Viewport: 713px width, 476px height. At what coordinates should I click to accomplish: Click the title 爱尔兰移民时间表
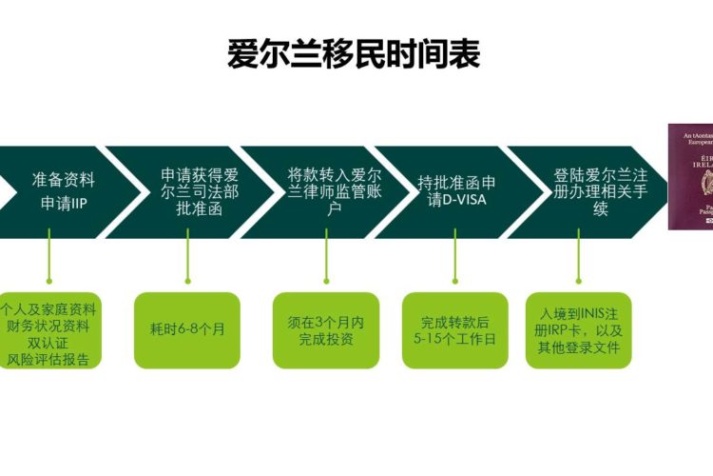tap(354, 54)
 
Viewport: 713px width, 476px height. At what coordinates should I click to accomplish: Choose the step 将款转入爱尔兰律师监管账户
tap(326, 191)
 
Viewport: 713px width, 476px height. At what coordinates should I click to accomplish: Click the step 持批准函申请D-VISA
tap(456, 191)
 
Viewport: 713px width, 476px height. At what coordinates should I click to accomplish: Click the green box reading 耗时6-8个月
tap(187, 329)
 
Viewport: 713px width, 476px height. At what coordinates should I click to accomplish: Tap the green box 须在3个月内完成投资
tap(325, 329)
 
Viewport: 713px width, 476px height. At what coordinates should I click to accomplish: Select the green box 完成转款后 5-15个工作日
tap(454, 329)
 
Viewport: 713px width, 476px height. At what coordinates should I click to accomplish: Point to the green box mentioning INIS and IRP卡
tap(577, 329)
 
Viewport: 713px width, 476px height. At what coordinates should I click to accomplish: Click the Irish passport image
tap(690, 176)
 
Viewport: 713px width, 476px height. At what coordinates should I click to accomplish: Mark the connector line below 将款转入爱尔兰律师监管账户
tap(325, 265)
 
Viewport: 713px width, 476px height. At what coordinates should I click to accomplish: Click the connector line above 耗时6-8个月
tap(187, 265)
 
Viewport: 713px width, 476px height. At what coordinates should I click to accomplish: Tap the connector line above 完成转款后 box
tap(454, 265)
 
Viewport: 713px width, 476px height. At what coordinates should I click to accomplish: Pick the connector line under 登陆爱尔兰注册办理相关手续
tap(577, 265)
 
